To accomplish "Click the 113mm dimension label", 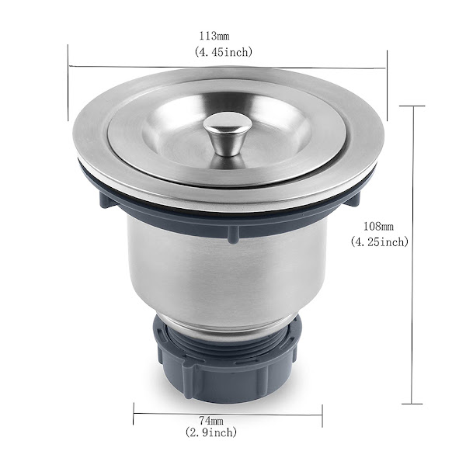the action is tap(214, 36).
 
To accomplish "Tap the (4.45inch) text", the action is tap(223, 52).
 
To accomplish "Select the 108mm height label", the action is tap(378, 227).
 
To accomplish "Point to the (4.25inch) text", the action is tap(380, 241).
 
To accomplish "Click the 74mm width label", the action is tap(211, 421).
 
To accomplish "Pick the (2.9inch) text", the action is tap(211, 432).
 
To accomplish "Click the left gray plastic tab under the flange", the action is tap(106, 200).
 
